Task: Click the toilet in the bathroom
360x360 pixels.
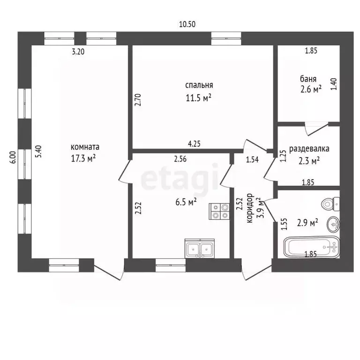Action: click(331, 204)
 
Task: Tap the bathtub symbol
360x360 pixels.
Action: click(312, 247)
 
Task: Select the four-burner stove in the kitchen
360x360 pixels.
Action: click(219, 211)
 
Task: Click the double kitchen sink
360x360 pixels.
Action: click(200, 248)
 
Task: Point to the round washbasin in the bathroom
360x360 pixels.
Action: click(334, 224)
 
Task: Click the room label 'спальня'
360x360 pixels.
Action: click(199, 85)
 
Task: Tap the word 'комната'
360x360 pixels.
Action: click(85, 147)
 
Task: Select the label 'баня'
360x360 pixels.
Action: click(308, 79)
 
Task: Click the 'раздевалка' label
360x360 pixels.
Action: click(309, 149)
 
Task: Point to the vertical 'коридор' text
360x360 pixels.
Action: click(250, 208)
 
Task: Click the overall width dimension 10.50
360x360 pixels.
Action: click(187, 24)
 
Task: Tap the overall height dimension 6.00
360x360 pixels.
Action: click(14, 157)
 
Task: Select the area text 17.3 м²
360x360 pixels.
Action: click(83, 158)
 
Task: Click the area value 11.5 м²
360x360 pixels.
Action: click(198, 98)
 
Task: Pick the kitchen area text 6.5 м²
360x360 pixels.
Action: click(186, 202)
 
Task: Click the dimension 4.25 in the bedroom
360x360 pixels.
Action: click(194, 144)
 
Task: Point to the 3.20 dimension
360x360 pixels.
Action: click(78, 52)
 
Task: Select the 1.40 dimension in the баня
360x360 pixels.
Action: click(334, 84)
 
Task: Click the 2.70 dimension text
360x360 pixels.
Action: click(138, 100)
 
